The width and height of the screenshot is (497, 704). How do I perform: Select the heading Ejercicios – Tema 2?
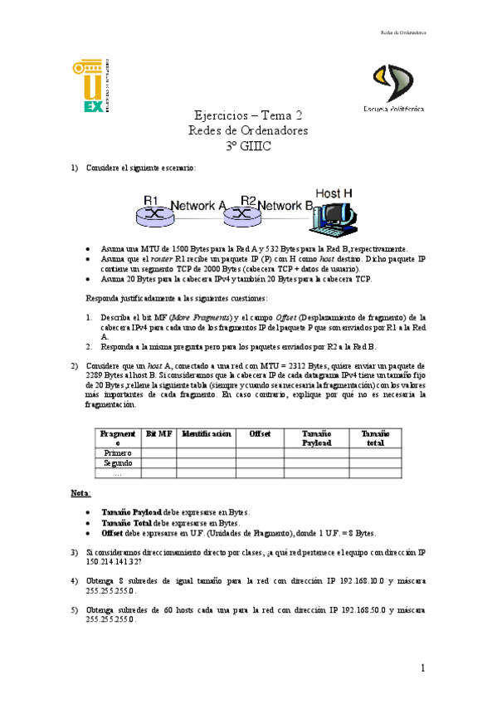pos(248,116)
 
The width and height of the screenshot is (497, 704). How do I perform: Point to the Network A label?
pos(198,205)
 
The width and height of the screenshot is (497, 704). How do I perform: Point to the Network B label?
pos(285,205)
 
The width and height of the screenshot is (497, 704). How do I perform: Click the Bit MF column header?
pos(158,433)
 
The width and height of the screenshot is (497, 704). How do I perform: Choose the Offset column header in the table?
pos(260,433)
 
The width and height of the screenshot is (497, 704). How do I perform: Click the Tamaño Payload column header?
pos(315,438)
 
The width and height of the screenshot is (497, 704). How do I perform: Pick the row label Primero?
pos(117,452)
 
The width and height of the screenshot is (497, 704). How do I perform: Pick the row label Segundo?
pos(117,463)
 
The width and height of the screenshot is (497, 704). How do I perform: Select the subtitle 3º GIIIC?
pos(248,145)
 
